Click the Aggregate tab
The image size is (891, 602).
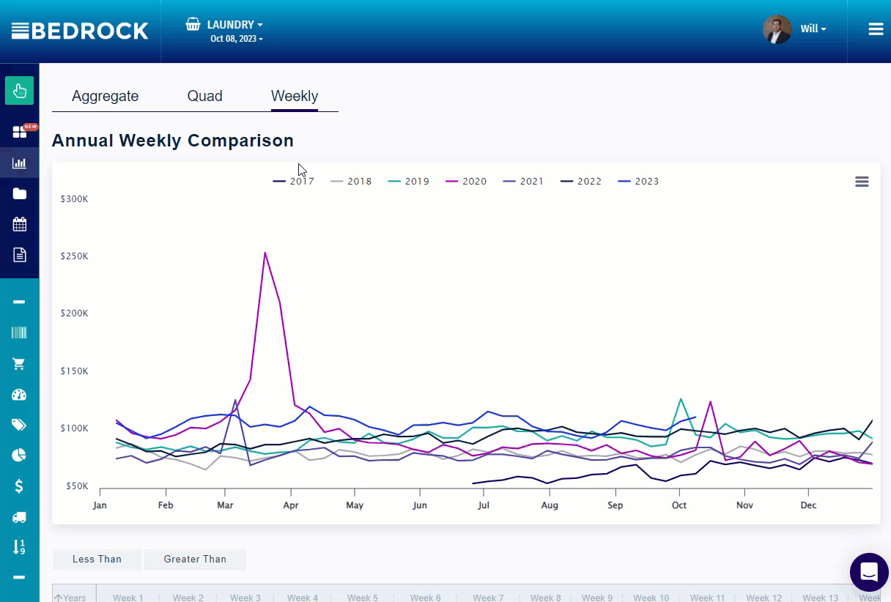click(105, 96)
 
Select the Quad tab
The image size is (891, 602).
click(204, 96)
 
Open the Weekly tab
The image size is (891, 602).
click(294, 96)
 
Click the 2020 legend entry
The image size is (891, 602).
click(466, 182)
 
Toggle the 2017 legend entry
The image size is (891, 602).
click(294, 182)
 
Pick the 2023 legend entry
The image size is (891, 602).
click(638, 182)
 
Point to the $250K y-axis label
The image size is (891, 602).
click(74, 256)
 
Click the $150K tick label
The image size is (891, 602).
click(74, 371)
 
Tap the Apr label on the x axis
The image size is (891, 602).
click(290, 505)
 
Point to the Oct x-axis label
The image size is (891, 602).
click(679, 505)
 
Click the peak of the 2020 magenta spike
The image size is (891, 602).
click(265, 253)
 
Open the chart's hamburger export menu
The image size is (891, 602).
click(862, 182)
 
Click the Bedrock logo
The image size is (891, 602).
click(80, 31)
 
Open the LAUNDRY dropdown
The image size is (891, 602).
click(234, 25)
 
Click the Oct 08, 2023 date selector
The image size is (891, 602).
click(236, 39)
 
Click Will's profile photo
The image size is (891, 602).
click(777, 29)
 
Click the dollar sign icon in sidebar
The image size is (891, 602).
click(19, 486)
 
